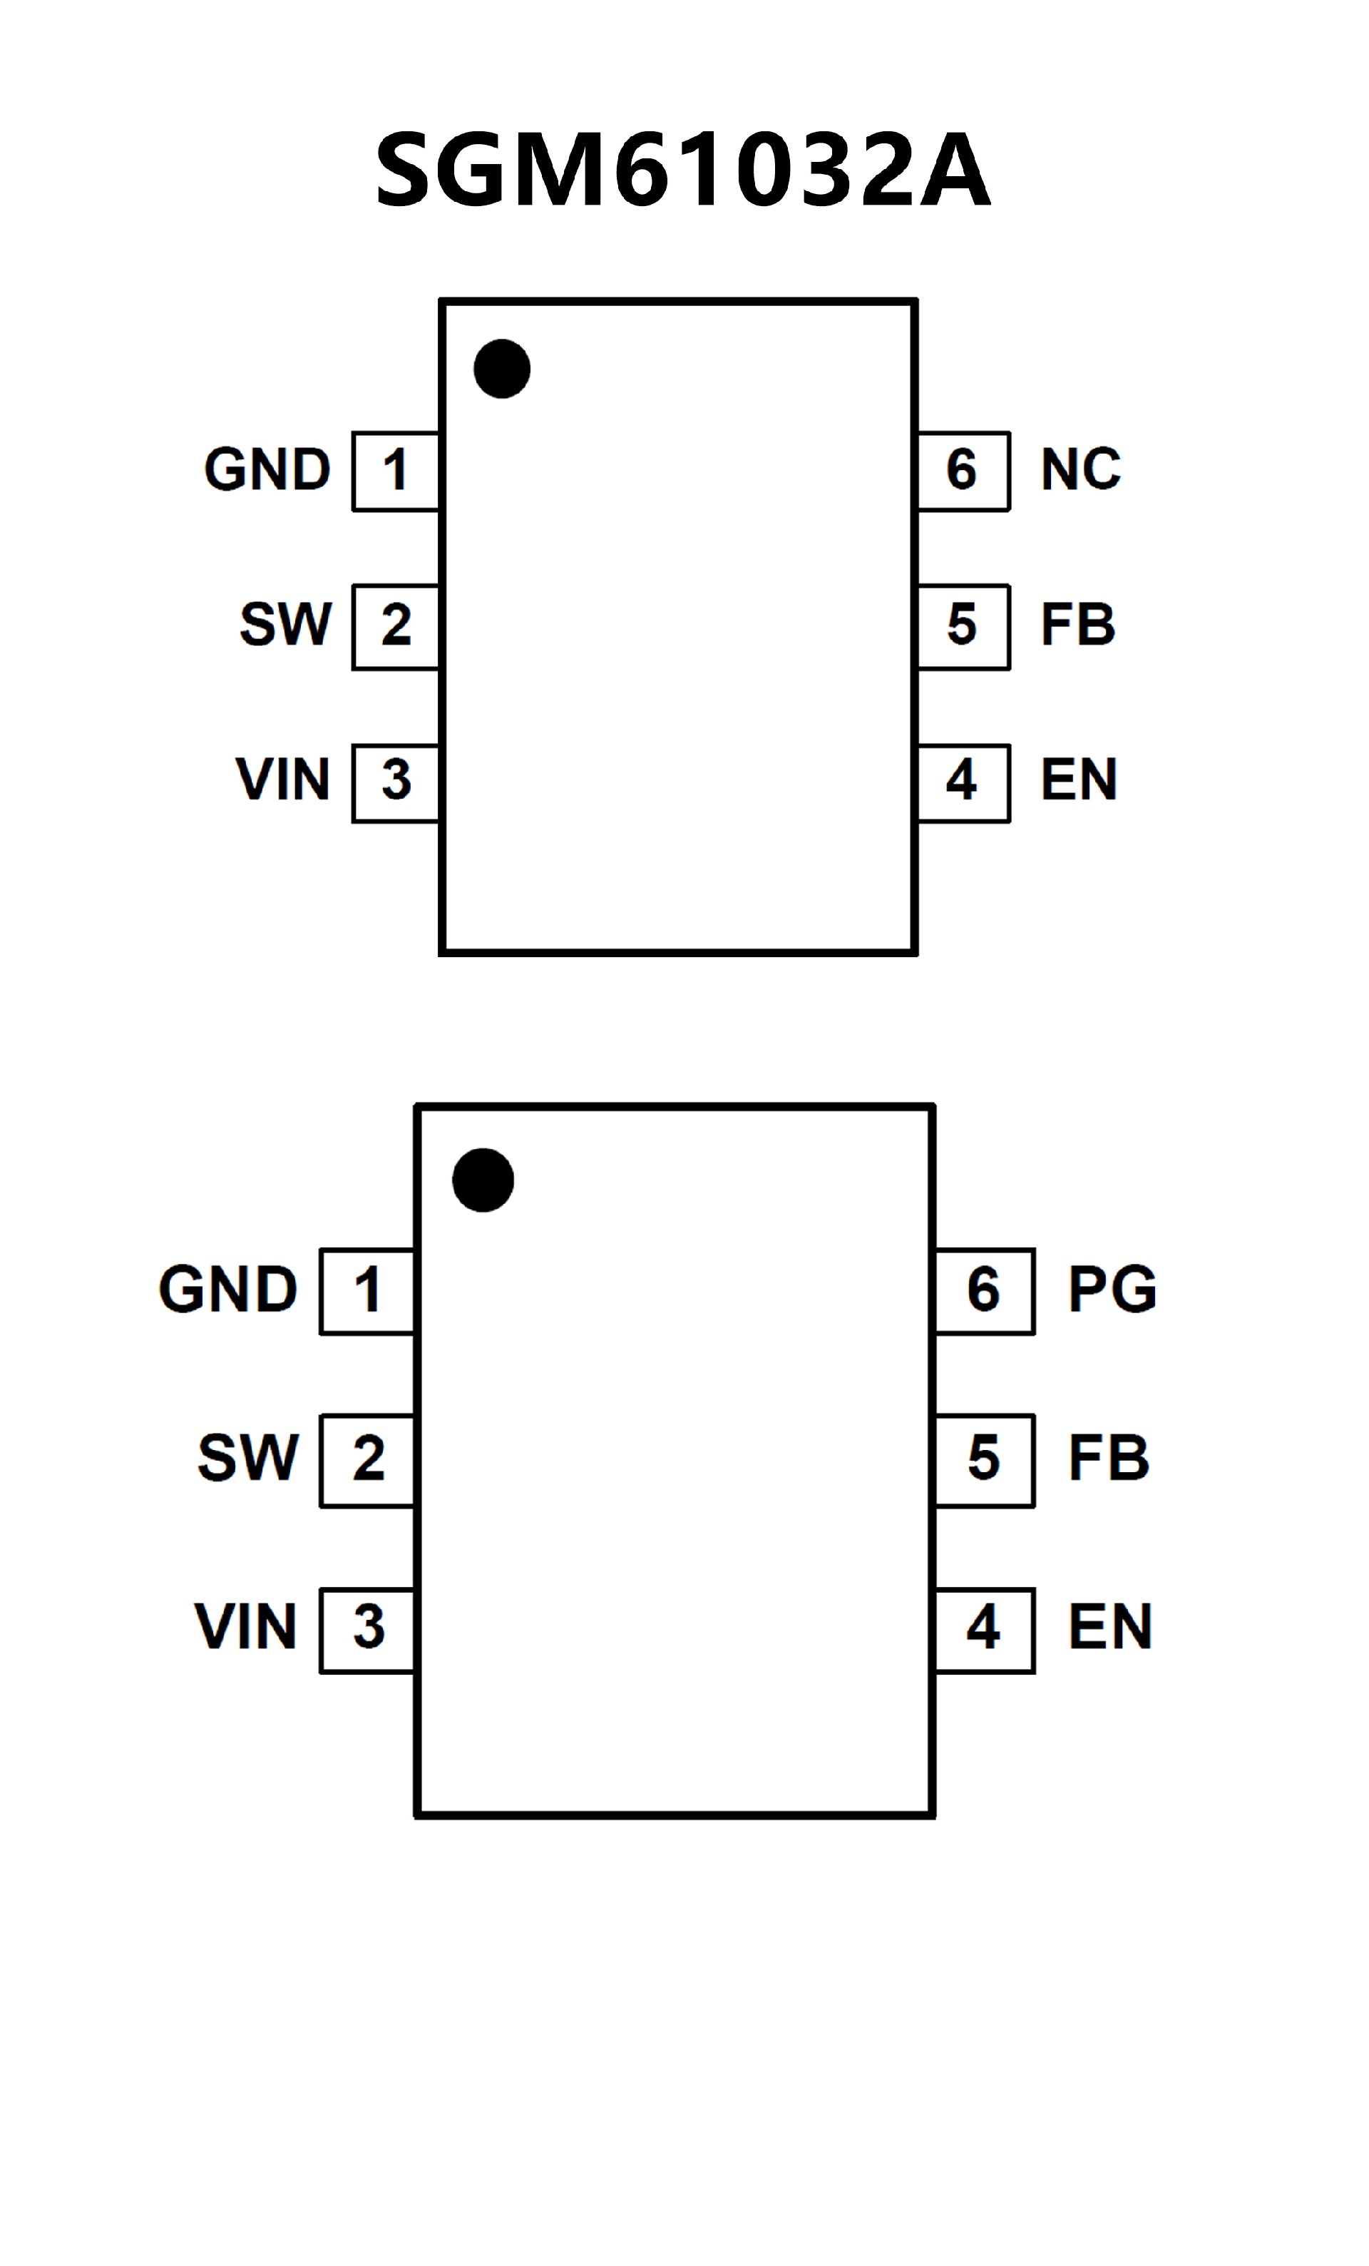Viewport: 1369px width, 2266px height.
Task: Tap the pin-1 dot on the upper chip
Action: (501, 369)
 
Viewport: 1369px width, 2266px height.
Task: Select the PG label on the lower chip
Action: (1112, 1290)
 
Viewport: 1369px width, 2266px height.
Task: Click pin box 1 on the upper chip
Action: (395, 470)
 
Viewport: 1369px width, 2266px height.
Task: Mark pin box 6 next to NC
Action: (963, 470)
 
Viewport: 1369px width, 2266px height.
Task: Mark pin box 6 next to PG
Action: (984, 1290)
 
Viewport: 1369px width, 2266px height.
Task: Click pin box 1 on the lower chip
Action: (366, 1290)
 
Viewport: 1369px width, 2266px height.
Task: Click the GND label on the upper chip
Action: (267, 470)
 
